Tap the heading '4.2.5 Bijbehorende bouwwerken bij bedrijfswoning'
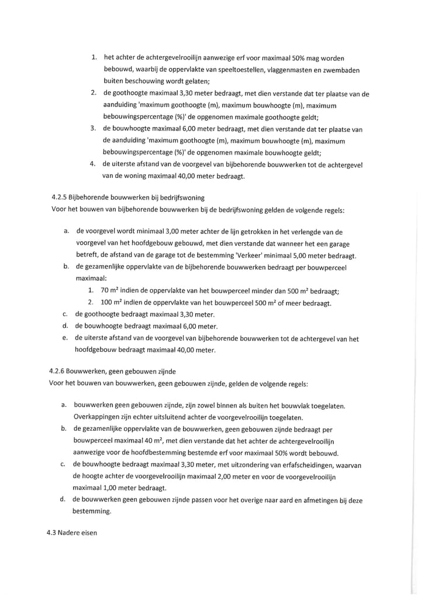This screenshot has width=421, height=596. point(127,198)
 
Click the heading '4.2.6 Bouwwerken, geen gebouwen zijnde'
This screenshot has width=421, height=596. point(112,371)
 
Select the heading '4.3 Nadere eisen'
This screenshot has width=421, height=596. point(72,533)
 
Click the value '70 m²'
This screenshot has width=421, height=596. point(111,291)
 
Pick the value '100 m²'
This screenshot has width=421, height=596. point(113,303)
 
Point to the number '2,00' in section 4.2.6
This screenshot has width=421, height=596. point(232,476)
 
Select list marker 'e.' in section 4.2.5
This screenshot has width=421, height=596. point(65,338)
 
